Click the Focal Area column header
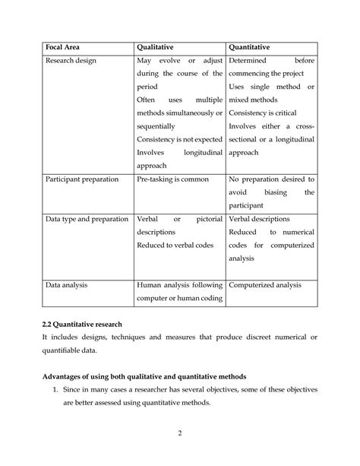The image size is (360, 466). (x=64, y=46)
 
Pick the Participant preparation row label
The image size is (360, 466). (x=83, y=179)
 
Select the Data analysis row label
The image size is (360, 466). (x=67, y=285)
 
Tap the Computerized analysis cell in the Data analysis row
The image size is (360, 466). (x=265, y=285)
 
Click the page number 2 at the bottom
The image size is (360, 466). (x=180, y=433)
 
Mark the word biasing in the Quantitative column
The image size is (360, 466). (x=261, y=192)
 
